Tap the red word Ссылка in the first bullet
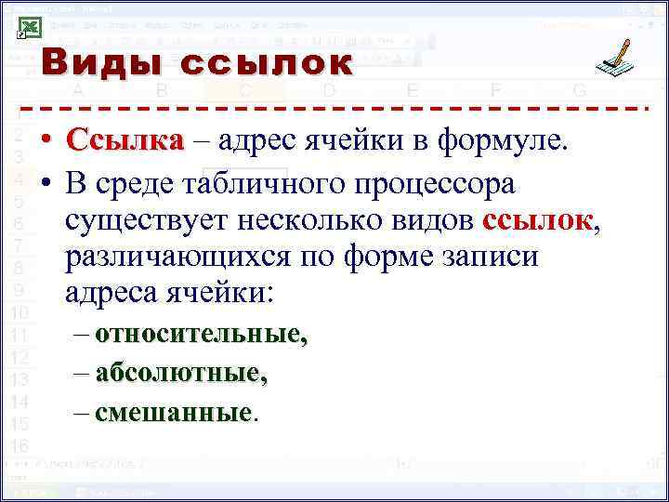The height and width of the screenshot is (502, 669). coord(125,142)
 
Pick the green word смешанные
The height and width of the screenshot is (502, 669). coord(174,412)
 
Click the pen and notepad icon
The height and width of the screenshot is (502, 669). coord(617,59)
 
